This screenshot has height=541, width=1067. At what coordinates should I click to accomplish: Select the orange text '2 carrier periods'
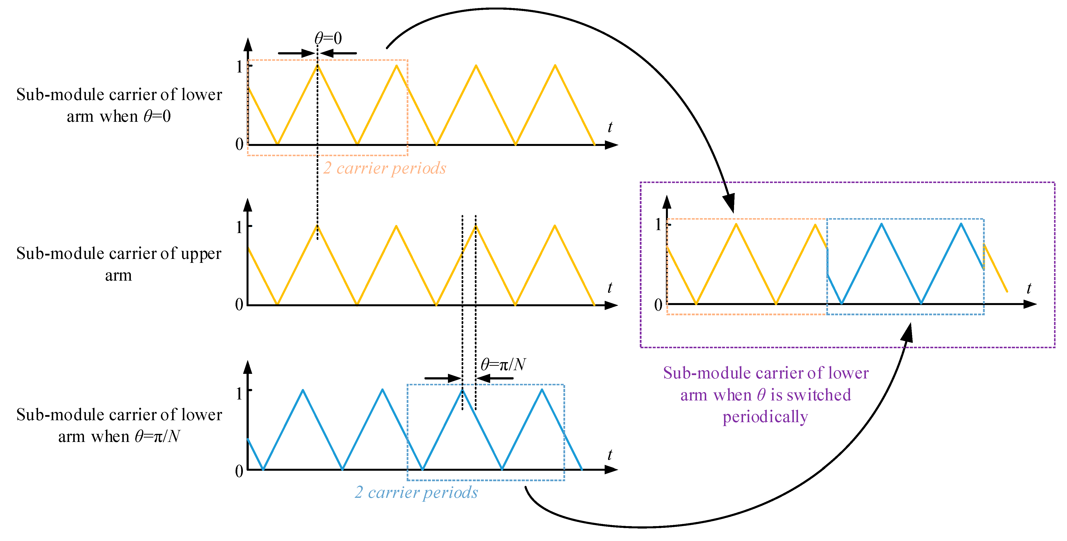point(384,168)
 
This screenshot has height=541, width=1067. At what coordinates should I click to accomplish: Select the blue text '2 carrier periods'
point(416,492)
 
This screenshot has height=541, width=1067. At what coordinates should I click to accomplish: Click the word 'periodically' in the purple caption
point(765,417)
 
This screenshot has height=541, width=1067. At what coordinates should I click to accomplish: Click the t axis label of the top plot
point(610,127)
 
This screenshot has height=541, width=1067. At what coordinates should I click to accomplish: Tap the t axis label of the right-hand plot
point(1029,288)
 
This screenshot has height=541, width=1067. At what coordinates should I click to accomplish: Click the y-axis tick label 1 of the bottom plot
point(239,393)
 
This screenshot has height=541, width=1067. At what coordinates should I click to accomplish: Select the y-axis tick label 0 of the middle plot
point(239,305)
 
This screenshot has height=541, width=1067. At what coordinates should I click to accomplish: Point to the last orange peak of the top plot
point(555,65)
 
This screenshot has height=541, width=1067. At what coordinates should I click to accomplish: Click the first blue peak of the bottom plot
point(303,390)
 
